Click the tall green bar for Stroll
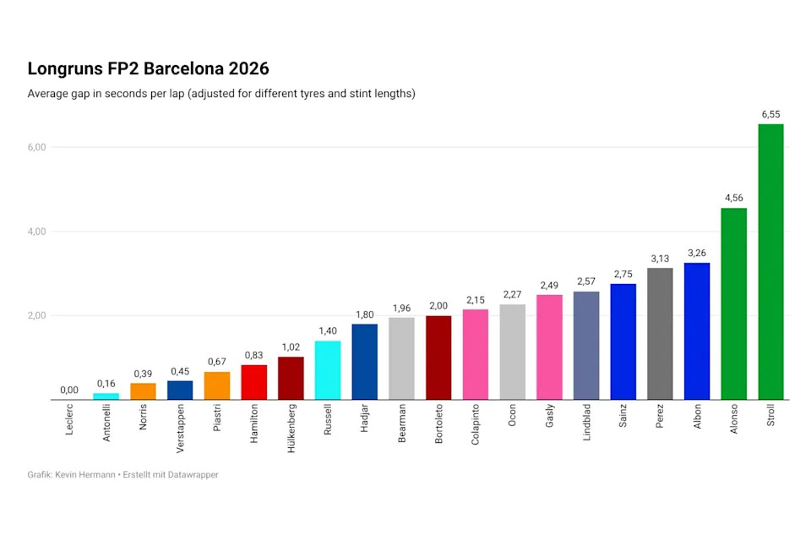coord(770,261)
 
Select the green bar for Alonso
coord(734,303)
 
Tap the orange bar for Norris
coord(143,391)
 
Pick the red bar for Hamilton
coord(254,382)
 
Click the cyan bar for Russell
coord(328,370)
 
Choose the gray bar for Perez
coord(660,333)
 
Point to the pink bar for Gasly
coord(549,347)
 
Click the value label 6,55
coord(770,114)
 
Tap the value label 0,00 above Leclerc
coord(69,390)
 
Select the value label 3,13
coord(660,259)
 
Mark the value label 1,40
coord(328,331)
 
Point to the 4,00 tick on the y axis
coord(36,232)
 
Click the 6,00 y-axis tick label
coord(36,147)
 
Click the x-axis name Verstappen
coord(180,429)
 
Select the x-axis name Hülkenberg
coord(291,429)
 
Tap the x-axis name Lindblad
coord(586,423)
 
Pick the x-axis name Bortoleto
coord(438,424)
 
